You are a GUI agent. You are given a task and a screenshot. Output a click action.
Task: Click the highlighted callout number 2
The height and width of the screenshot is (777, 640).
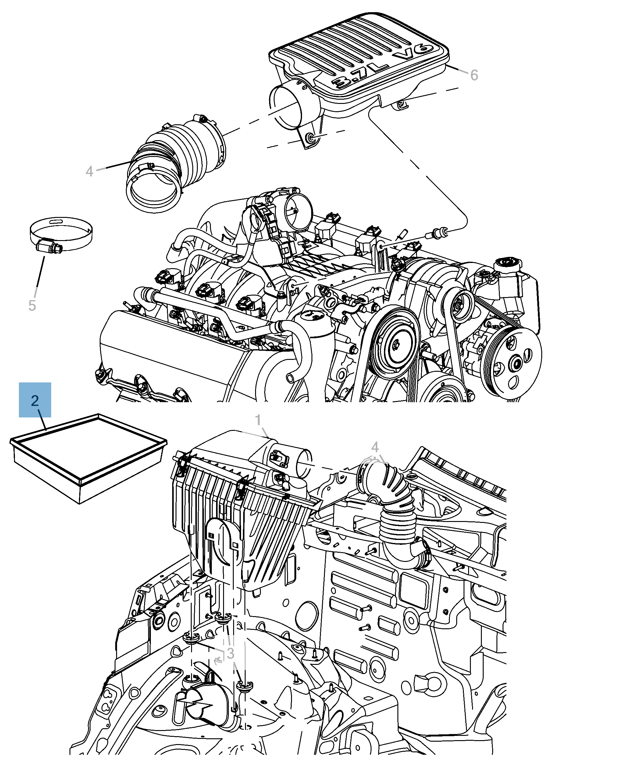pos(35,400)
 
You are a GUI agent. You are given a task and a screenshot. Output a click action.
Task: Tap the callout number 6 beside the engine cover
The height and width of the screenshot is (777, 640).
pos(474,75)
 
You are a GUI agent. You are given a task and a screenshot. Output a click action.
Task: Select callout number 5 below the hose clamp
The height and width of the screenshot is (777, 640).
pos(32,306)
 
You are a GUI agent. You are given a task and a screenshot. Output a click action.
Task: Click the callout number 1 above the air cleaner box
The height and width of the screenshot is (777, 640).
pos(258,420)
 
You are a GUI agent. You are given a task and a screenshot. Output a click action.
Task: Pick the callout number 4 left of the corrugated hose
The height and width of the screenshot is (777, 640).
pos(89,171)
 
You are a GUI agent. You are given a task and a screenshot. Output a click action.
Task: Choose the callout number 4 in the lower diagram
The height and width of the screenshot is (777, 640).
pos(375,447)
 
